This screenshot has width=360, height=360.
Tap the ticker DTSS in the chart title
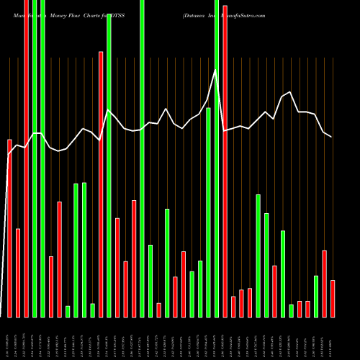pos(116,14)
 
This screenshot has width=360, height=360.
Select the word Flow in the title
pos(80,14)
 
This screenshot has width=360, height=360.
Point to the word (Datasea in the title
pos(196,14)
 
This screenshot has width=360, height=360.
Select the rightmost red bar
pos(333,298)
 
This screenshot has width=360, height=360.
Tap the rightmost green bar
pos(316,296)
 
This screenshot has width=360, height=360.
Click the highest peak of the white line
pos(215,70)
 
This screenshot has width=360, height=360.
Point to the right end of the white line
pos(332,136)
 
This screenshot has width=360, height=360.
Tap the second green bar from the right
pos(292,310)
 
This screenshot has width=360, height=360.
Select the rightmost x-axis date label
pos(332,338)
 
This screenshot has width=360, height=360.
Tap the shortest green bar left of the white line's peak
pos(68,311)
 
